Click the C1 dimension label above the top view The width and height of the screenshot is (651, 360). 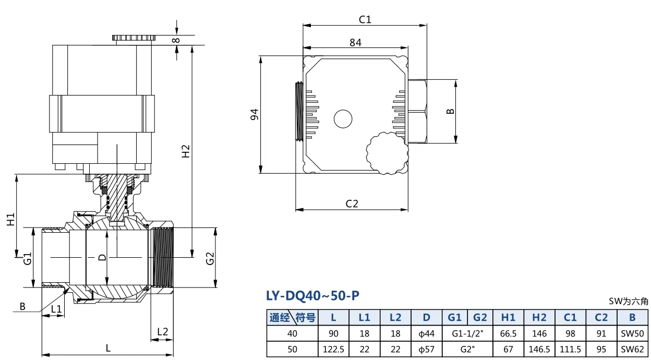(x=365, y=19)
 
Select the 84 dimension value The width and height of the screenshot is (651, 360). (x=355, y=43)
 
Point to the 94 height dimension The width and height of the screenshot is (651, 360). (x=255, y=114)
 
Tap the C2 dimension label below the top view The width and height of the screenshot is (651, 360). (x=352, y=203)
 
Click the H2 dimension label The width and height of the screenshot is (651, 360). (x=185, y=151)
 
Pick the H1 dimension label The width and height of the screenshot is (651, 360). (x=10, y=219)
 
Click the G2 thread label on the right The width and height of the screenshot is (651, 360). (x=210, y=258)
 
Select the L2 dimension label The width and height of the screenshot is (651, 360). (x=162, y=332)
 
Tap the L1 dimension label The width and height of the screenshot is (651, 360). (x=56, y=309)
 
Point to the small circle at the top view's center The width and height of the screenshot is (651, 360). (x=343, y=118)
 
